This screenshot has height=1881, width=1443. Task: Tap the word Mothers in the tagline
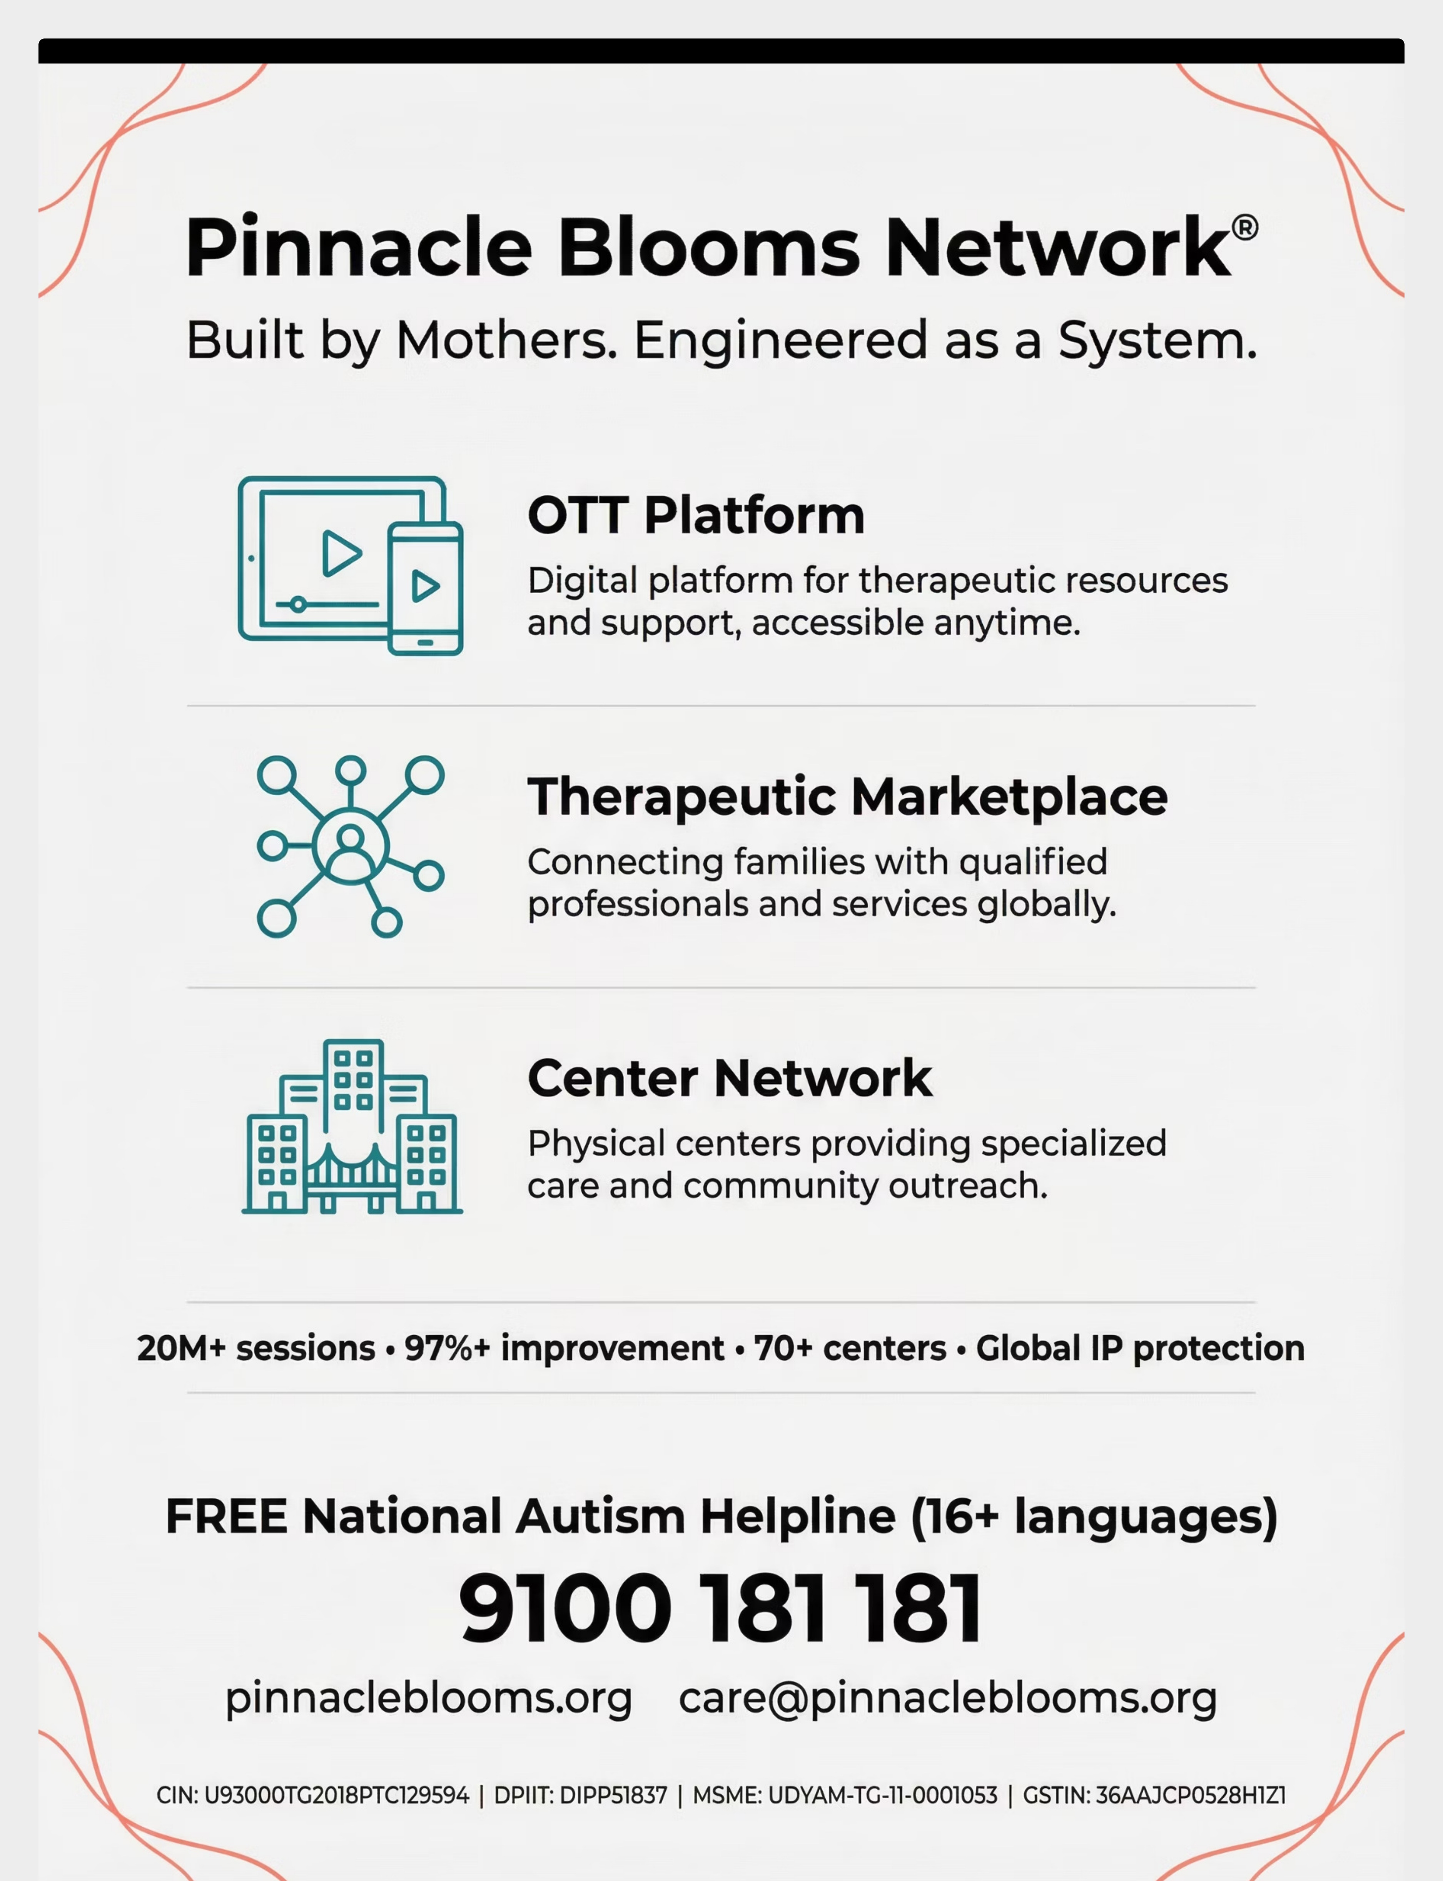[x=506, y=340]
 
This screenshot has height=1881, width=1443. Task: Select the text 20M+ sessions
[x=256, y=1348]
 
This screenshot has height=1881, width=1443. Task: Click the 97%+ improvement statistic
[x=565, y=1348]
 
